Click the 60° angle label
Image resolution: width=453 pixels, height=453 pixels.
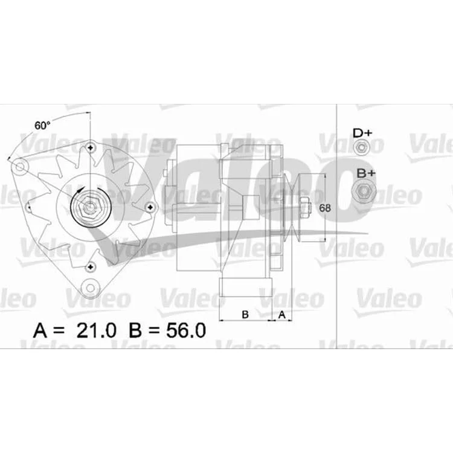42,126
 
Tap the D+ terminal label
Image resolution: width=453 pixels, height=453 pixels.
362,133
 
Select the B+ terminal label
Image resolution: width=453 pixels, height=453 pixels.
366,173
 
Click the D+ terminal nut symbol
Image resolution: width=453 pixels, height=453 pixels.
361,147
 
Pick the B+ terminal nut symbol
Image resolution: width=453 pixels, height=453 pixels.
364,191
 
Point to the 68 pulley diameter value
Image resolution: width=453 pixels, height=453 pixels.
325,208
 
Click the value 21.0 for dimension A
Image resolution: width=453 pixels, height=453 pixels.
96,330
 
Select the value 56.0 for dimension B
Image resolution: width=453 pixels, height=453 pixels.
186,330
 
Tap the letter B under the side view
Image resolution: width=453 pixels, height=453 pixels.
245,314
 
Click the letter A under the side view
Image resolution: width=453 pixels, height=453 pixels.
281,314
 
